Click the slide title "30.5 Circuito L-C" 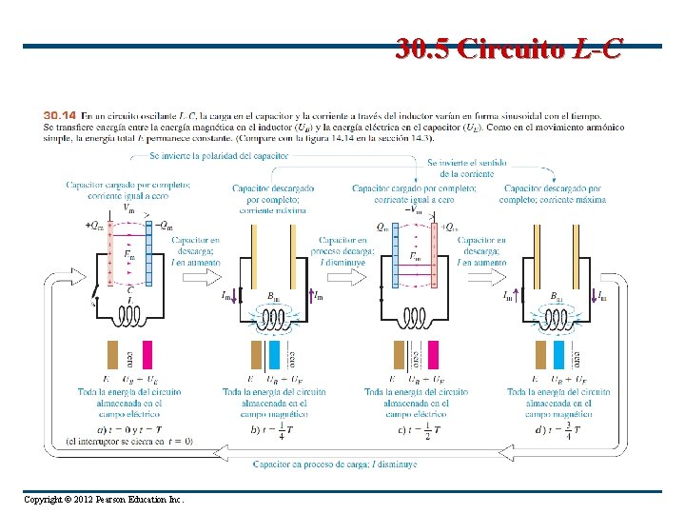[510, 49]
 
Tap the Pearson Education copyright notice [104, 500]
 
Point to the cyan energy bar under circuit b [274, 355]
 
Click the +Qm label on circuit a [95, 226]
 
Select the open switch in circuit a [95, 296]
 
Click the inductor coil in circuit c [414, 316]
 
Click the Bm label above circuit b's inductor [273, 297]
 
